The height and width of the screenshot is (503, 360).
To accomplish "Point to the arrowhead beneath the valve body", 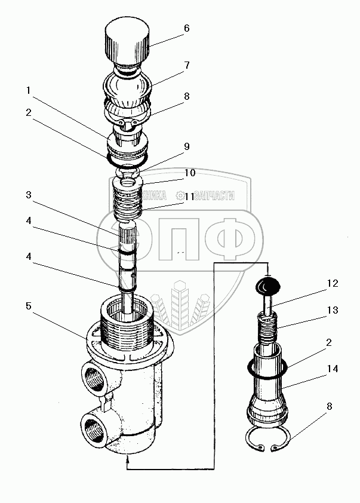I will [x=127, y=459].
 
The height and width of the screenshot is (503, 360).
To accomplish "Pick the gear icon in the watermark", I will [x=180, y=195].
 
